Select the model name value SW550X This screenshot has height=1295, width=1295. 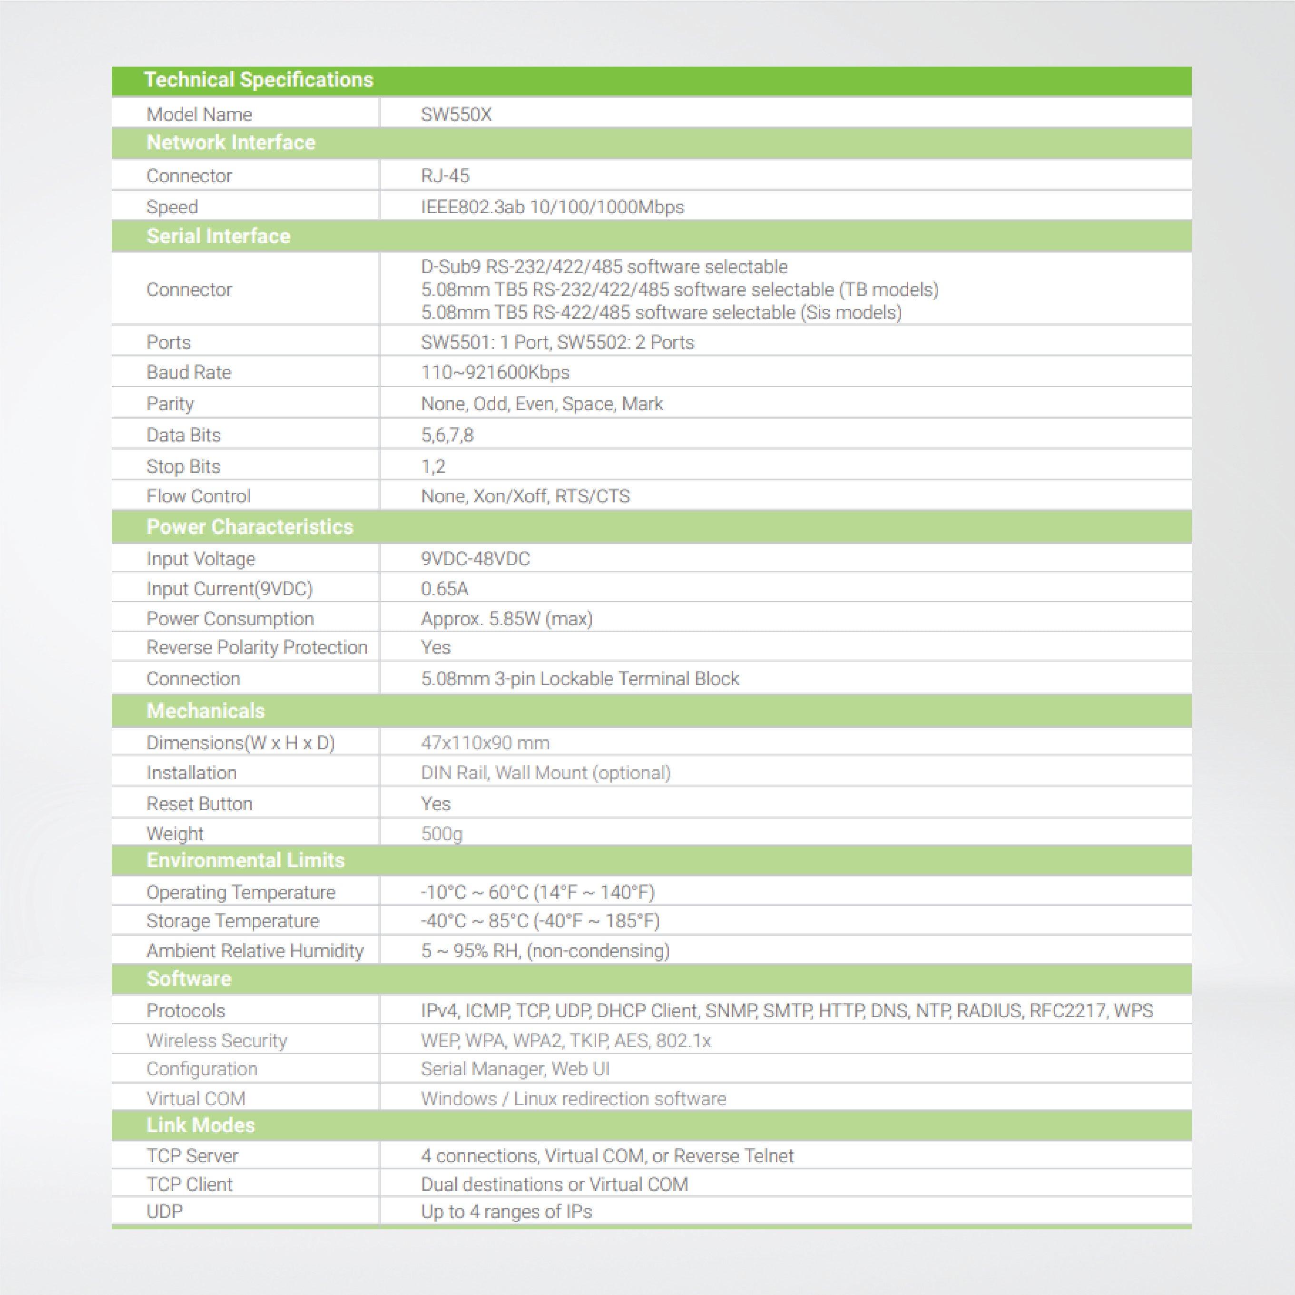pos(456,115)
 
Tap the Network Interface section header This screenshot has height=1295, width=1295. pos(231,142)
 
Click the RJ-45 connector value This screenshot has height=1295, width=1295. pos(445,176)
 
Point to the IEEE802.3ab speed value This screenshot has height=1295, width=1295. pos(552,206)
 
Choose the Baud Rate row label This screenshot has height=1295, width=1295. pos(188,372)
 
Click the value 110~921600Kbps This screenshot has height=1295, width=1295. pos(495,372)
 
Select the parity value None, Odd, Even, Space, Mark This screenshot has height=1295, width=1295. pos(541,403)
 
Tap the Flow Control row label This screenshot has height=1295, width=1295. pos(198,496)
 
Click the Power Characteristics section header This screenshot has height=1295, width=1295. pos(249,527)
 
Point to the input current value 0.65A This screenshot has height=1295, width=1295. pos(444,589)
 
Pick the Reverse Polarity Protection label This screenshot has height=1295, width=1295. pos(257,647)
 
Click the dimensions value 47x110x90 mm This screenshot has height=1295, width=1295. pos(485,743)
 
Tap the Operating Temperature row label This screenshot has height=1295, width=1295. pos(241,892)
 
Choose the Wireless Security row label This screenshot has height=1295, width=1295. pos(216,1040)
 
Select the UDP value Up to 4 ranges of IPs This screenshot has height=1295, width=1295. pos(506,1211)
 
